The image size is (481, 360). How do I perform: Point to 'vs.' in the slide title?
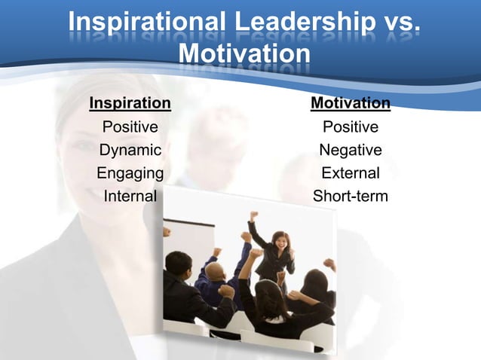click(x=393, y=24)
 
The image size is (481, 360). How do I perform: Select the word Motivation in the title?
click(x=245, y=55)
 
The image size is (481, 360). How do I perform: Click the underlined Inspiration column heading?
click(x=130, y=102)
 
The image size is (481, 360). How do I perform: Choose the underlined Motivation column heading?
click(x=351, y=102)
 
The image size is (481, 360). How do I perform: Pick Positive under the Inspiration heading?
click(x=130, y=127)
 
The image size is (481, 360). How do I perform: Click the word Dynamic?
click(x=130, y=150)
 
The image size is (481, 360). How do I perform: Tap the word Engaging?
click(x=130, y=173)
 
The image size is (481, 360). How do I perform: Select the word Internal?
click(x=130, y=197)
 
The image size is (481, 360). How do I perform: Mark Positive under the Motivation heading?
click(x=351, y=127)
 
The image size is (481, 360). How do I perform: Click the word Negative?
click(x=351, y=150)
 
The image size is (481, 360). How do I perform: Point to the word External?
click(x=351, y=173)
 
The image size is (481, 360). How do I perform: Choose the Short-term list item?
click(x=351, y=197)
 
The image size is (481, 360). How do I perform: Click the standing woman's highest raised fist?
click(x=255, y=216)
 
